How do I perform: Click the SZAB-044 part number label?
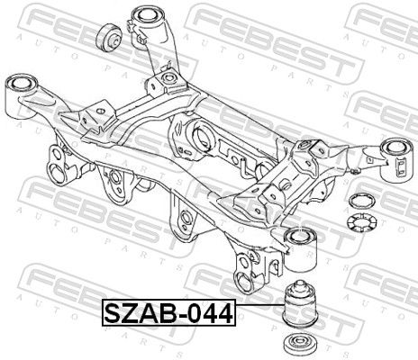click(x=169, y=312)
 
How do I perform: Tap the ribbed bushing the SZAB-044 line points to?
click(x=300, y=305)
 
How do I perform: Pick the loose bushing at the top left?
click(x=108, y=39)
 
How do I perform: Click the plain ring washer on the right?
click(x=362, y=201)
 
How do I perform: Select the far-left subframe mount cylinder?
click(x=21, y=97)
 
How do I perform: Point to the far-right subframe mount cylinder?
click(x=397, y=160)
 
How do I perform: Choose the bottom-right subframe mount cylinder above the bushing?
click(x=300, y=251)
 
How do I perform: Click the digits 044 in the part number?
click(x=213, y=312)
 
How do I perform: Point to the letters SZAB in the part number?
click(x=143, y=312)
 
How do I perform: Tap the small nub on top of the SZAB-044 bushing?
click(x=299, y=283)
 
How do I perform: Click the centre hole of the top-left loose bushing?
click(x=115, y=40)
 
